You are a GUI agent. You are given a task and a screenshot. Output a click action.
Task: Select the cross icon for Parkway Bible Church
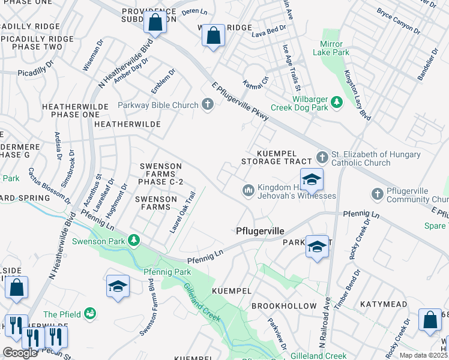coord(208,105)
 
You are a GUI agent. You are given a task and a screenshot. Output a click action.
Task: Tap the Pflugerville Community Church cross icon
coord(377,194)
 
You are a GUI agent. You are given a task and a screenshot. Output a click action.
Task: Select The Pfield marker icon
coord(90,314)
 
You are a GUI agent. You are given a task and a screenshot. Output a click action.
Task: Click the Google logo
coord(20,353)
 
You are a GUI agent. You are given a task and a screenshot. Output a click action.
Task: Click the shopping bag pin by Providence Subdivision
coord(155,23)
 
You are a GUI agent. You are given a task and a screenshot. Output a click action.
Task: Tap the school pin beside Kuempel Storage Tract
coord(312,179)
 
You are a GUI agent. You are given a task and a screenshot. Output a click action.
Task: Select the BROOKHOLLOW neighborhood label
coord(284,306)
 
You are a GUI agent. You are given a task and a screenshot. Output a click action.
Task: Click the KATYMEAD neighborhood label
coord(387,305)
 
